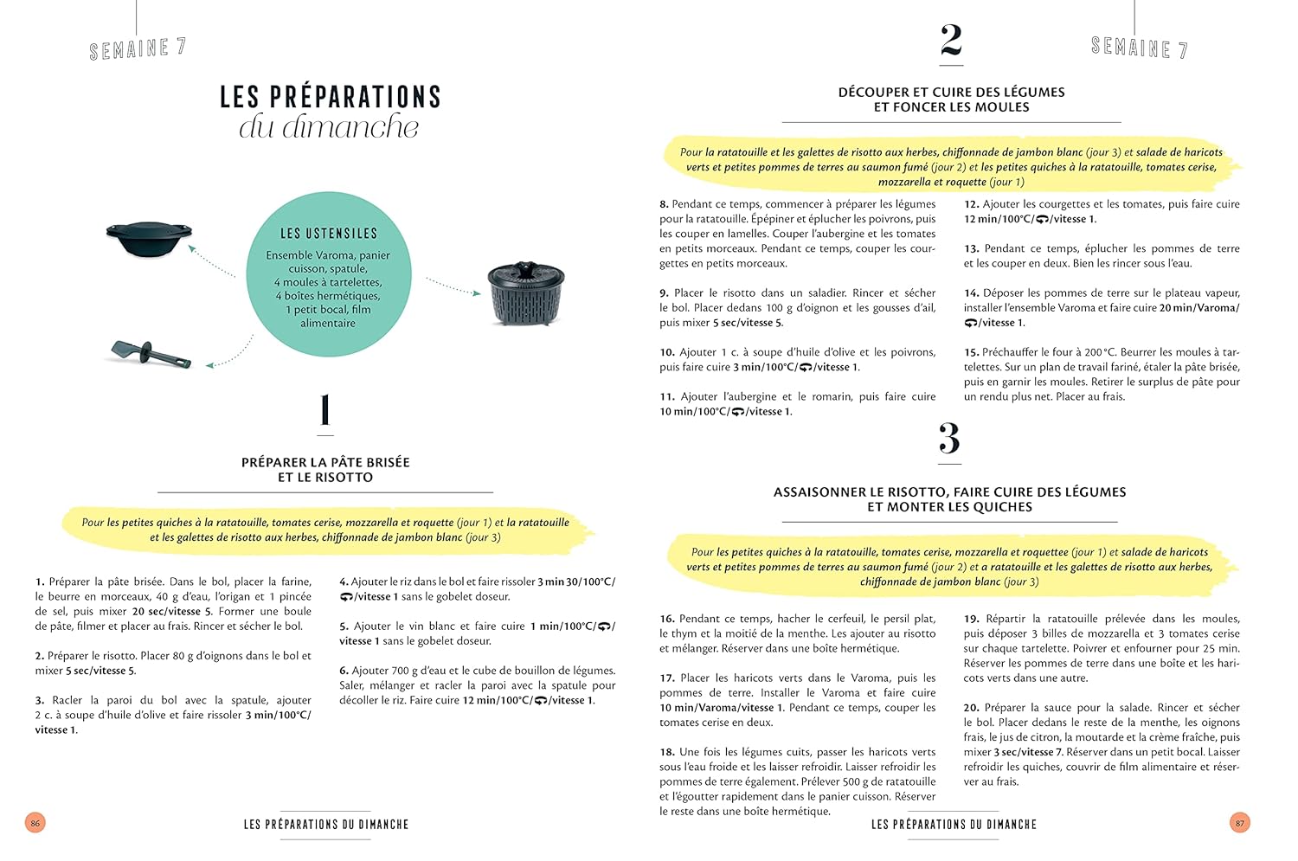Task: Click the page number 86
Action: pyautogui.click(x=35, y=823)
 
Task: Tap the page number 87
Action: pyautogui.click(x=1239, y=823)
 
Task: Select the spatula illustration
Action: pyautogui.click(x=150, y=352)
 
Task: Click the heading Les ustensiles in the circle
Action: pyautogui.click(x=328, y=234)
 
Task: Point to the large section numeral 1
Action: pyautogui.click(x=325, y=410)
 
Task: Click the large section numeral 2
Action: pyautogui.click(x=950, y=41)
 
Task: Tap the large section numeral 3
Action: pyautogui.click(x=949, y=439)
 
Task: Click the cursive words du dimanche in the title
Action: pyautogui.click(x=329, y=127)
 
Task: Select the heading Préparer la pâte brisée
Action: pyautogui.click(x=325, y=462)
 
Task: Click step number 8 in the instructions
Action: pyautogui.click(x=664, y=204)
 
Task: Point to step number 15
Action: pyautogui.click(x=971, y=352)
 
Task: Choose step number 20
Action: pyautogui.click(x=971, y=707)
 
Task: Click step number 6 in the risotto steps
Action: pyautogui.click(x=343, y=671)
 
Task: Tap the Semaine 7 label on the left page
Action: pyautogui.click(x=138, y=48)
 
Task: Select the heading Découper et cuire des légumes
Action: pyautogui.click(x=951, y=92)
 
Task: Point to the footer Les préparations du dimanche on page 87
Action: pyautogui.click(x=954, y=825)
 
